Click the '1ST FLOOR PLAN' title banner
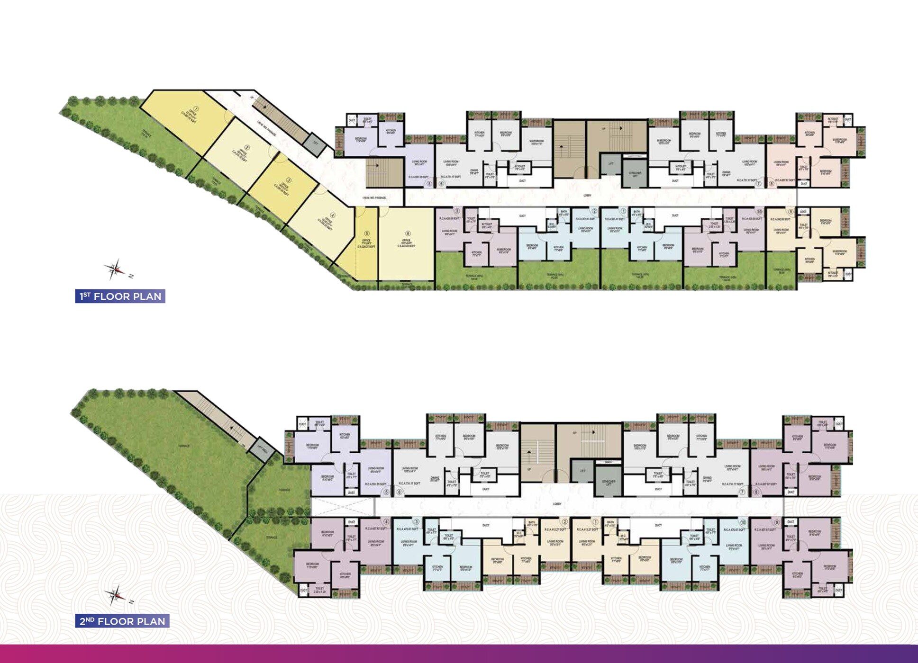tap(120, 296)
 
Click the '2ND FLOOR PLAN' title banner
tap(122, 621)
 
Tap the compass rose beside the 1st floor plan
tap(115, 269)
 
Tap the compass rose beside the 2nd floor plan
tap(115, 595)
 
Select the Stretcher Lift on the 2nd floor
tap(608, 482)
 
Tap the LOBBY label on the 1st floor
tap(588, 195)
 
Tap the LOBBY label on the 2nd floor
tap(557, 504)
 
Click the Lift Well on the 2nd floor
tap(260, 448)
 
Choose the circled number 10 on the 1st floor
tap(759, 212)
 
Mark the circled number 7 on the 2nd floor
tap(742, 493)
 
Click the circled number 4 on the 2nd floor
tap(386, 522)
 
